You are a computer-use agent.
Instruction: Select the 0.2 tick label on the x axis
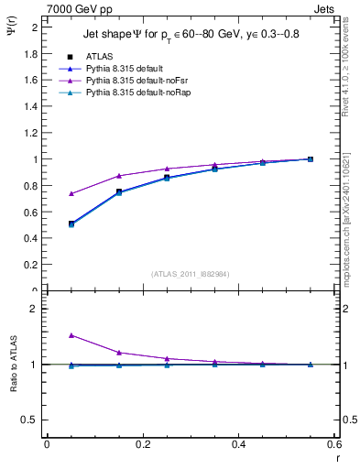pyautogui.click(x=142, y=444)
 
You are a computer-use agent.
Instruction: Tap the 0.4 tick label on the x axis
pyautogui.click(x=239, y=444)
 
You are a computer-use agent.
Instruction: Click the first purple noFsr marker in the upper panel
pyautogui.click(x=47, y=193)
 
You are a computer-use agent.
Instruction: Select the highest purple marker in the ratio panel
pyautogui.click(x=47, y=335)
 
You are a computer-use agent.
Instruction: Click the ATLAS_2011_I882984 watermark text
pyautogui.click(x=190, y=273)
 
